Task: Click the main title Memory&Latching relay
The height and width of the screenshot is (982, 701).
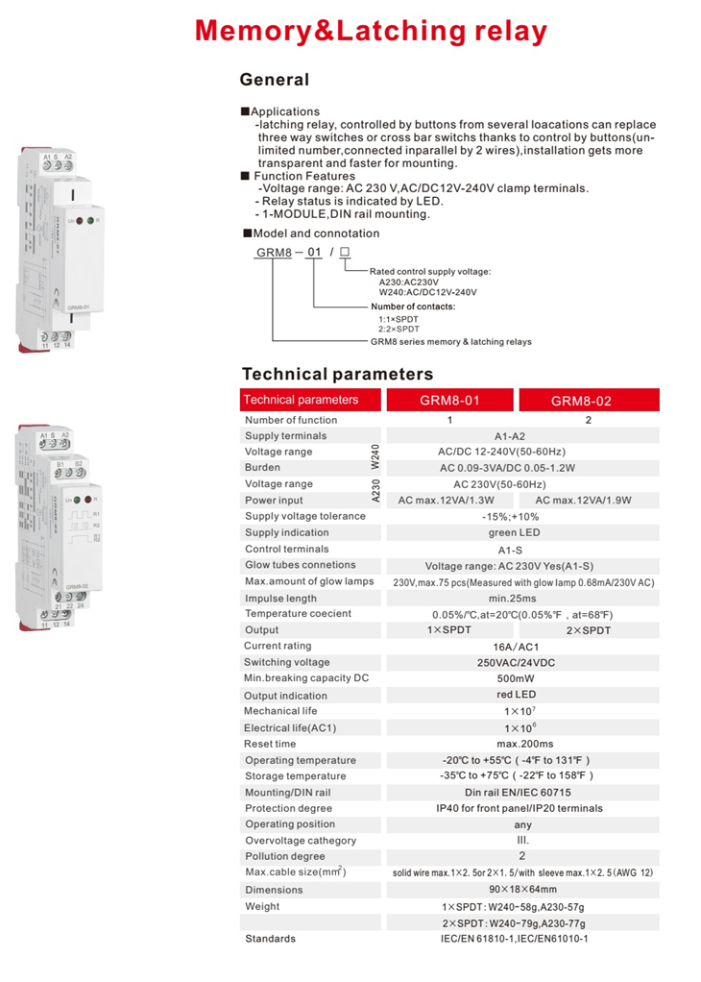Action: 371,31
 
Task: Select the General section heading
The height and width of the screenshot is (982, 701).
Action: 274,80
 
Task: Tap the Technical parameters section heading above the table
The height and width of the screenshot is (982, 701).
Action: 337,374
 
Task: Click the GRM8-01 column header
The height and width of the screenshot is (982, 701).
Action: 450,401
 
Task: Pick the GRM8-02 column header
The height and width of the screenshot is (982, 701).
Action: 588,401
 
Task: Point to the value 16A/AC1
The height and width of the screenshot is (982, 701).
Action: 522,647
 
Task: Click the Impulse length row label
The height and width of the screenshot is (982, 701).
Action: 280,598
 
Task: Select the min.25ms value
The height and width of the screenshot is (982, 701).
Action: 522,598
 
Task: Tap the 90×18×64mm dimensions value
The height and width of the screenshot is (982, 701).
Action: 522,890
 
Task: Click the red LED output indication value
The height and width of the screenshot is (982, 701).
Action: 522,695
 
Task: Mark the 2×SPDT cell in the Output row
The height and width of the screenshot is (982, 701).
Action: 588,630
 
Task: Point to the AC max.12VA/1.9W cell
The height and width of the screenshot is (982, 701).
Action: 588,501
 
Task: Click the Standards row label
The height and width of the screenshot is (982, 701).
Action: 270,939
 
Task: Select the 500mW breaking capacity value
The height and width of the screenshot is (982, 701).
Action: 522,678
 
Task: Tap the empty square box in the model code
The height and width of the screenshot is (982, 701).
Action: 345,253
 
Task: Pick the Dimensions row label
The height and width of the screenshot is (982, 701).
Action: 274,890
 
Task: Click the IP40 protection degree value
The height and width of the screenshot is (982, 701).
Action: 522,809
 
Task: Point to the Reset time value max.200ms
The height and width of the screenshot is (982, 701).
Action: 522,744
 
